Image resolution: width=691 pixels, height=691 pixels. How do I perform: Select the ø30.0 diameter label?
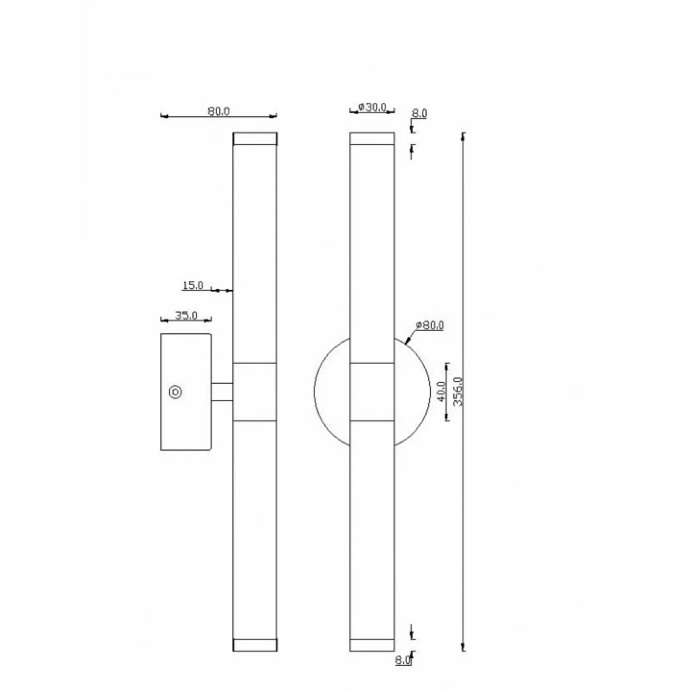pos(372,107)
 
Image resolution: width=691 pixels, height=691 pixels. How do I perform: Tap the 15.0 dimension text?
pos(193,285)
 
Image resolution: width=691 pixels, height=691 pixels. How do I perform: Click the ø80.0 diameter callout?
pos(429,325)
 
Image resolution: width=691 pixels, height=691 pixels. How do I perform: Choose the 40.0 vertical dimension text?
pos(441,391)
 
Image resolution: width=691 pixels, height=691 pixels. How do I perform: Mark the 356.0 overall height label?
pos(457,391)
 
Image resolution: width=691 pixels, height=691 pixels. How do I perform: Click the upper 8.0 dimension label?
pos(420,113)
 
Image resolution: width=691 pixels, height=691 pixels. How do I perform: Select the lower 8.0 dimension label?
pos(402,660)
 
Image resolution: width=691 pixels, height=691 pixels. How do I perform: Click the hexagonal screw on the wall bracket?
pos(176,392)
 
